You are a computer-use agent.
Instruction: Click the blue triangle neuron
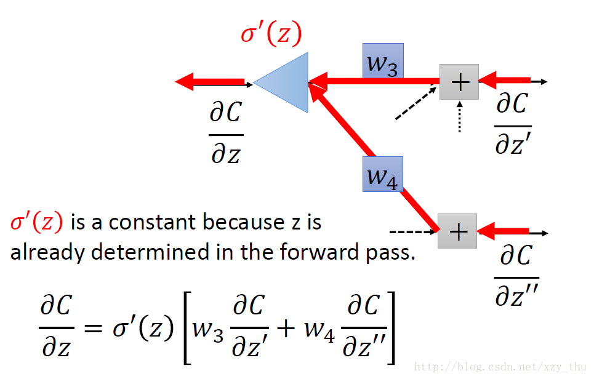(288, 82)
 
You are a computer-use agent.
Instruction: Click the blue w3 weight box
(383, 61)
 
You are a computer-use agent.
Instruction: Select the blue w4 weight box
(383, 174)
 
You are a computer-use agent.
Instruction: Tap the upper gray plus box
(459, 82)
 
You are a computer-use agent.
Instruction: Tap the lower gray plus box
(457, 231)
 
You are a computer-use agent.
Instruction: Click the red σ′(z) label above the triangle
(271, 33)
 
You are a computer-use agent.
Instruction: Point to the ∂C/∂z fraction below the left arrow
(226, 132)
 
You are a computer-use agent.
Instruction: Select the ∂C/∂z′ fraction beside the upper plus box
(513, 124)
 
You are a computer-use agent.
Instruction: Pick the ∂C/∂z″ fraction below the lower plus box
(516, 275)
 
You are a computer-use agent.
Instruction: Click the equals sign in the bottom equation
(93, 327)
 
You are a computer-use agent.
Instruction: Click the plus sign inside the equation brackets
(286, 328)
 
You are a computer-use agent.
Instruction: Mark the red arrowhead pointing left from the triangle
(185, 81)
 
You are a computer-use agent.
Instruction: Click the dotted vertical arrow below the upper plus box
(460, 117)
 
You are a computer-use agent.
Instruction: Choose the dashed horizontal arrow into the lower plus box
(413, 231)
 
